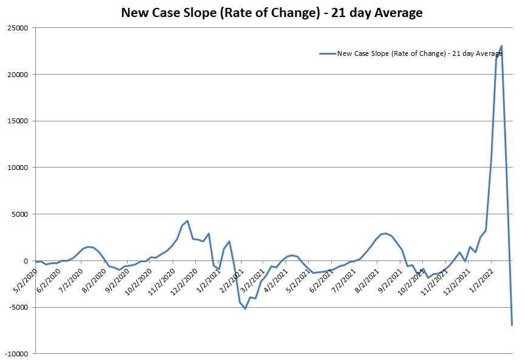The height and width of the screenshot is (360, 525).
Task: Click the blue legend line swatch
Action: tap(327, 53)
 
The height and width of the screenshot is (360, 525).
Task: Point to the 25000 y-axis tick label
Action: tap(18, 28)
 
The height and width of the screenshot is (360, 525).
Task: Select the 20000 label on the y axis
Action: tap(18, 75)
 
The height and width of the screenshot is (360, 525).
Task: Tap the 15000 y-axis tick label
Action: tap(18, 121)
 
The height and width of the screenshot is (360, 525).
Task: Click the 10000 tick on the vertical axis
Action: tap(18, 168)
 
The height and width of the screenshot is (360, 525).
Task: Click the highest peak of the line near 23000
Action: tap(501, 46)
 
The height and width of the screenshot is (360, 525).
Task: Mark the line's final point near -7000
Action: tap(512, 325)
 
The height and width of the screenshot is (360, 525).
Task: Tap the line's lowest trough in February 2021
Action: tap(245, 308)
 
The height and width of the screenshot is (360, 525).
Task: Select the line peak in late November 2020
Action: tap(187, 221)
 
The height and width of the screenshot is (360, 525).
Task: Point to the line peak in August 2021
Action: tap(386, 233)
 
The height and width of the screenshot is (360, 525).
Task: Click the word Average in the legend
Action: tap(489, 53)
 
